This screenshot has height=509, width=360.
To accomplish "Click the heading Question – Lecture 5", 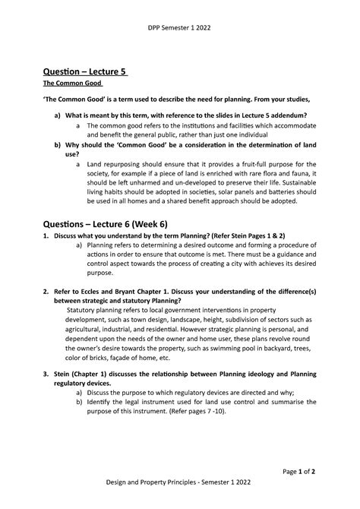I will click(86, 72).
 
